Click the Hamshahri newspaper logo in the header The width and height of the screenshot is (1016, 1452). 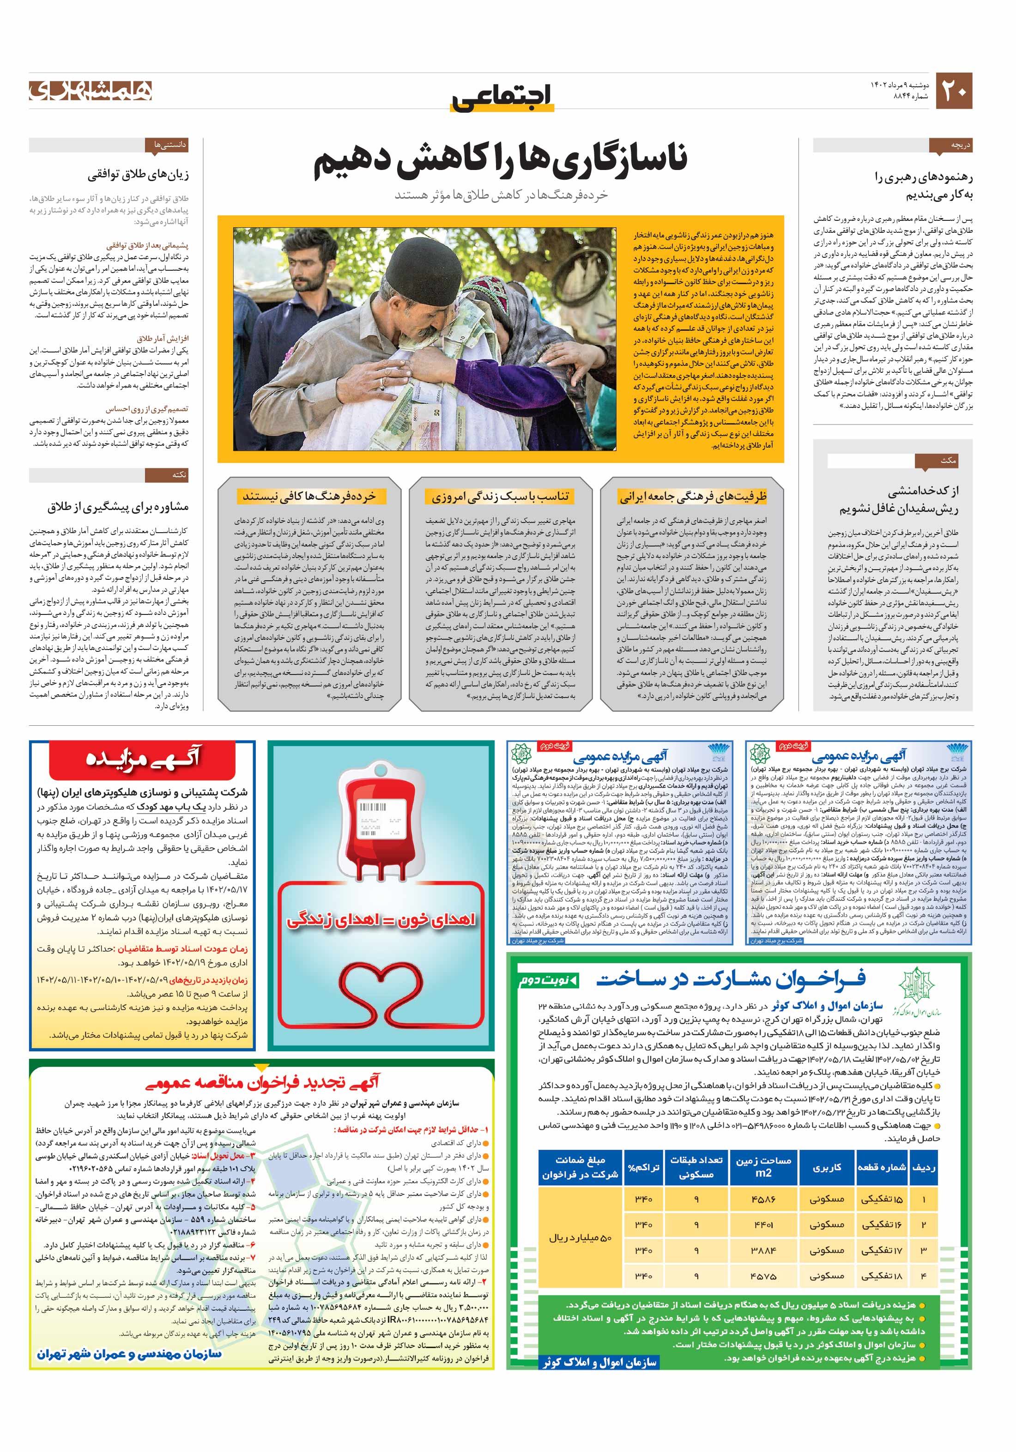pos(91,91)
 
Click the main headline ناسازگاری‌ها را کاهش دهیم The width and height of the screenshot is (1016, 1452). pos(500,162)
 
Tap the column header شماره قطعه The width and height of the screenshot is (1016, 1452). pos(881,1167)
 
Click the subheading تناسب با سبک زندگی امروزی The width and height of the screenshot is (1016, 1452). pos(500,497)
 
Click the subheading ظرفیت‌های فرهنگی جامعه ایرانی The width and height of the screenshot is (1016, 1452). pos(692,497)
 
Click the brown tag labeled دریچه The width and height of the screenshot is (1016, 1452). pos(950,146)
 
